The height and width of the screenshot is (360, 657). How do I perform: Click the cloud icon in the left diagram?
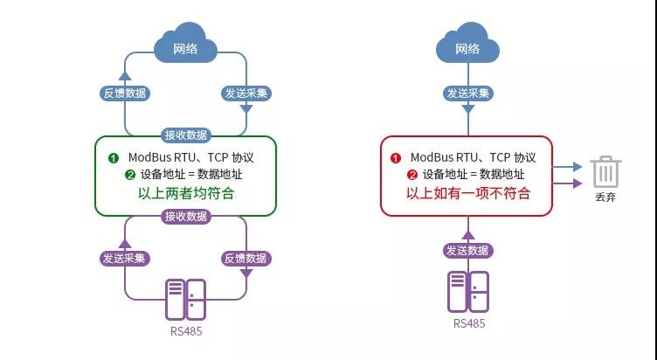click(x=184, y=47)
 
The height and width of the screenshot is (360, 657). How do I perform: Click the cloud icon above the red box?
click(x=467, y=47)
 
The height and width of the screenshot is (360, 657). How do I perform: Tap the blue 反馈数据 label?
click(x=125, y=93)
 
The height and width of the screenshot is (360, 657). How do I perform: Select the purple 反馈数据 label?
click(x=245, y=259)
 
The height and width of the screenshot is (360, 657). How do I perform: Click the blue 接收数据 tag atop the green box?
click(x=185, y=135)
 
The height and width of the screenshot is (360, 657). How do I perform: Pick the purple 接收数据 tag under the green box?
click(x=185, y=216)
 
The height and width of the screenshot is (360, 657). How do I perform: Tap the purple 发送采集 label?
click(x=125, y=259)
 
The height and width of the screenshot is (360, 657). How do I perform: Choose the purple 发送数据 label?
click(x=467, y=251)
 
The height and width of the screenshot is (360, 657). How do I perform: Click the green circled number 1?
click(x=113, y=158)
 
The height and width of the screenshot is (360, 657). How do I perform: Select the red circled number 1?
click(x=395, y=158)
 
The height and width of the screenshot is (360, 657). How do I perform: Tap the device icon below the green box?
click(x=184, y=299)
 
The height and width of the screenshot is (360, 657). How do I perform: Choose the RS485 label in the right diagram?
click(x=468, y=323)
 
